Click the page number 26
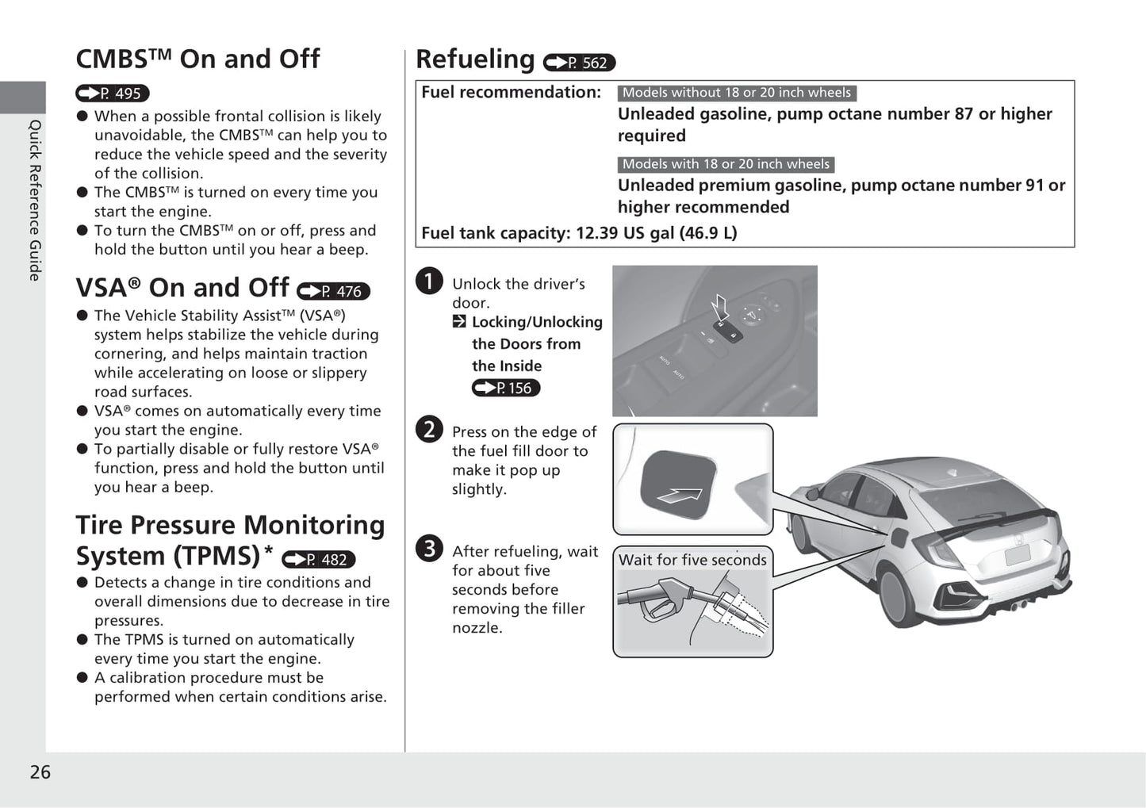(40, 772)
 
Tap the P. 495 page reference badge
(113, 94)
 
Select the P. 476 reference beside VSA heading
(333, 291)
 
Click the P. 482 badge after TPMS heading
(319, 560)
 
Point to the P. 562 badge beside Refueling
(579, 63)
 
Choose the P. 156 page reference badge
(506, 388)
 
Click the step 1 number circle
(429, 281)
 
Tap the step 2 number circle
(429, 429)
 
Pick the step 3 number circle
(429, 548)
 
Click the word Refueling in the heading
(475, 59)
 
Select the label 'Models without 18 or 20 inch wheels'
(736, 93)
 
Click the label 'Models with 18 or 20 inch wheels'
(726, 164)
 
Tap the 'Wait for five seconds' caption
(692, 560)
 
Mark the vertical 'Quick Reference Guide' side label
(35, 200)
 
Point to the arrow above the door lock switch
(720, 306)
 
